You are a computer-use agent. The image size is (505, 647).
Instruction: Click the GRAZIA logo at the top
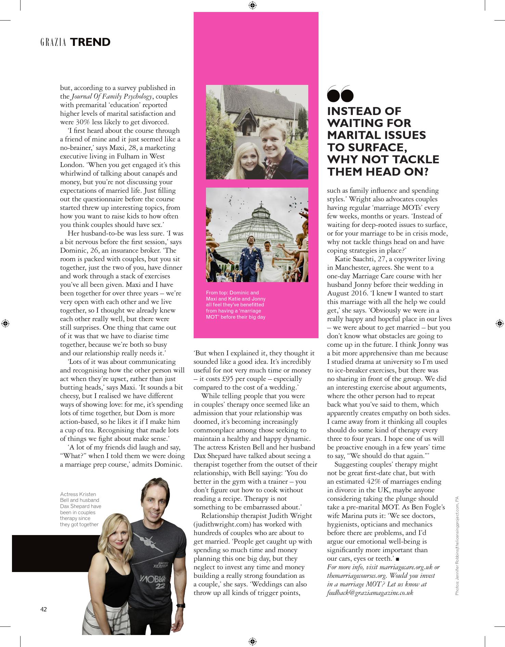coord(53,42)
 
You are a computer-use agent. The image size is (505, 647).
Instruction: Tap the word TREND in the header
coord(90,42)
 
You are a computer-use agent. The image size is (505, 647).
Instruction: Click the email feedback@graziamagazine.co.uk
coord(370,593)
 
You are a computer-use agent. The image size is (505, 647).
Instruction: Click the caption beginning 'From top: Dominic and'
coord(235,305)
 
